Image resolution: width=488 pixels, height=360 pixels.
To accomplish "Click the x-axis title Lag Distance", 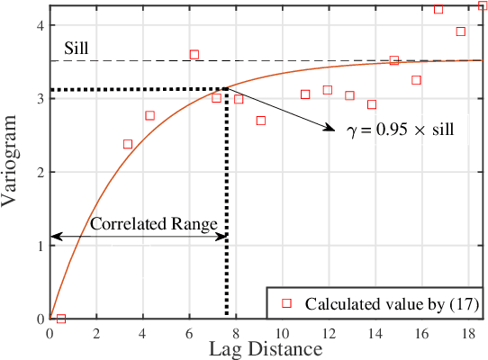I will click(x=267, y=348).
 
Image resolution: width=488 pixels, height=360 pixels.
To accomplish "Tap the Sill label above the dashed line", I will click(x=76, y=47).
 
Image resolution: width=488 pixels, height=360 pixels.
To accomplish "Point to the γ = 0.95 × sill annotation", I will click(x=401, y=129).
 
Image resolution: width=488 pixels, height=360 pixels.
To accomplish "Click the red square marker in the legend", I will click(x=286, y=303).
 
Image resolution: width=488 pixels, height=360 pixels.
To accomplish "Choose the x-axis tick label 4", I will click(x=142, y=332).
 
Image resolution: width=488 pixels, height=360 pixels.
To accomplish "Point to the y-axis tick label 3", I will click(x=39, y=98).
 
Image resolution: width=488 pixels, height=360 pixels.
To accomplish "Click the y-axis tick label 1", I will click(x=39, y=245).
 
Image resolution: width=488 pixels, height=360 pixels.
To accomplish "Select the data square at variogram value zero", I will click(x=61, y=319).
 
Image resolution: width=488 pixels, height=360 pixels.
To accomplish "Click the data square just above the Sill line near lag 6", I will click(x=194, y=55).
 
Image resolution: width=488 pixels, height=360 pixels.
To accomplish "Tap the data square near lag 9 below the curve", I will click(x=261, y=121).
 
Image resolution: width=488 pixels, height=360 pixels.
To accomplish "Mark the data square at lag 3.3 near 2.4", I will click(x=127, y=144).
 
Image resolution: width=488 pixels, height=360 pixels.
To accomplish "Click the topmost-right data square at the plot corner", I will click(x=483, y=6).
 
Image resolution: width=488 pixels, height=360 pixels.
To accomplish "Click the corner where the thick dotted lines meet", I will click(x=226, y=89).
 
